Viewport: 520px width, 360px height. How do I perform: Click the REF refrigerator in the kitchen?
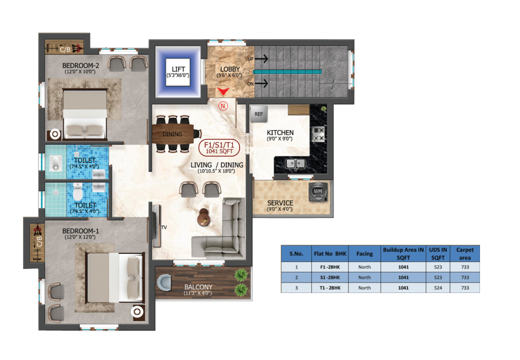(x=259, y=114)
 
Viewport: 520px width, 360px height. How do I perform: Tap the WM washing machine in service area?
(x=318, y=192)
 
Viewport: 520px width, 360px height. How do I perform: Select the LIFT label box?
(x=178, y=72)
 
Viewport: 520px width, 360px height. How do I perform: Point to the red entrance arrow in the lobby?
(x=223, y=91)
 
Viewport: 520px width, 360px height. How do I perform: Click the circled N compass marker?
(x=223, y=106)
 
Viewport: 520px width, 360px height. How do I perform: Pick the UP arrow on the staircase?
(x=262, y=58)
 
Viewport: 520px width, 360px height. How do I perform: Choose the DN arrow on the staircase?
(x=262, y=83)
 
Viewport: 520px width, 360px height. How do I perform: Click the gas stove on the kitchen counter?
(x=318, y=134)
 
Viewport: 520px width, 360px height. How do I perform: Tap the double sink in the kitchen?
(x=295, y=164)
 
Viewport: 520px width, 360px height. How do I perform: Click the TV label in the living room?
(x=164, y=228)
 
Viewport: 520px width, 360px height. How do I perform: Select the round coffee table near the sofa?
(x=204, y=217)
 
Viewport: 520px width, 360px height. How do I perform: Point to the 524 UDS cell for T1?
(x=438, y=288)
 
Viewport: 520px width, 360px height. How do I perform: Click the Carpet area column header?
(x=465, y=254)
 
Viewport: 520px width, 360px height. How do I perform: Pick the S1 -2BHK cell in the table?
(x=330, y=277)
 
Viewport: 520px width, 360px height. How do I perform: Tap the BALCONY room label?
(x=198, y=287)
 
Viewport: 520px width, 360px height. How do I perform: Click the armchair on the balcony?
(x=164, y=282)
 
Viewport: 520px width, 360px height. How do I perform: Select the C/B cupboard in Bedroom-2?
(x=64, y=47)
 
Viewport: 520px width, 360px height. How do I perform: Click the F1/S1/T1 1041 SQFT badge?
(x=219, y=148)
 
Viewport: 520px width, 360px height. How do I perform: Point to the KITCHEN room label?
(x=280, y=132)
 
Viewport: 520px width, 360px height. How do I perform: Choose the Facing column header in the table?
(x=364, y=254)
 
